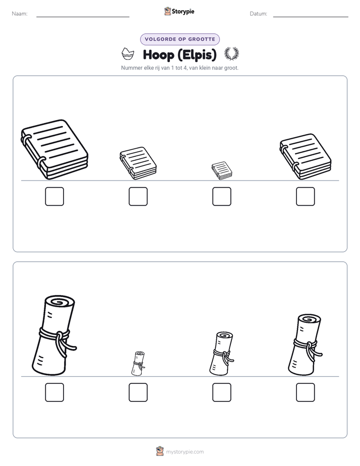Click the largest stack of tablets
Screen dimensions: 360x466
[x=54, y=149]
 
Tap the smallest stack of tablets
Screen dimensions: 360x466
[x=222, y=170]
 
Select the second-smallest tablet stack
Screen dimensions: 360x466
[x=138, y=163]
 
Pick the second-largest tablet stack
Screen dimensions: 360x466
[x=306, y=157]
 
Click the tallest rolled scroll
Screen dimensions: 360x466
[x=54, y=335]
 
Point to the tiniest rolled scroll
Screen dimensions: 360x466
[x=138, y=364]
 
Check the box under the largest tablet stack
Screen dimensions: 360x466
[x=54, y=197]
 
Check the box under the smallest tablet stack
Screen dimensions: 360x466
[x=222, y=197]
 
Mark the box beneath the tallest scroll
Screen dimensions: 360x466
[x=54, y=392]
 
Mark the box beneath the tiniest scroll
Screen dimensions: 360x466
[x=138, y=392]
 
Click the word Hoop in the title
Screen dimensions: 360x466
[x=159, y=55]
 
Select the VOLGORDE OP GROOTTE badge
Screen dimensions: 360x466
[x=180, y=39]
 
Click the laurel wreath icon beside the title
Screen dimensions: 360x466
[x=232, y=54]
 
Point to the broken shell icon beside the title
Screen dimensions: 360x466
[x=128, y=54]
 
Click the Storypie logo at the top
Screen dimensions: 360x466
[x=179, y=11]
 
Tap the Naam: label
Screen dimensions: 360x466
[x=20, y=14]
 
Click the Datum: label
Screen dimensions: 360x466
[x=259, y=14]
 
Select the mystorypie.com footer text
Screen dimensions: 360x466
[x=185, y=452]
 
